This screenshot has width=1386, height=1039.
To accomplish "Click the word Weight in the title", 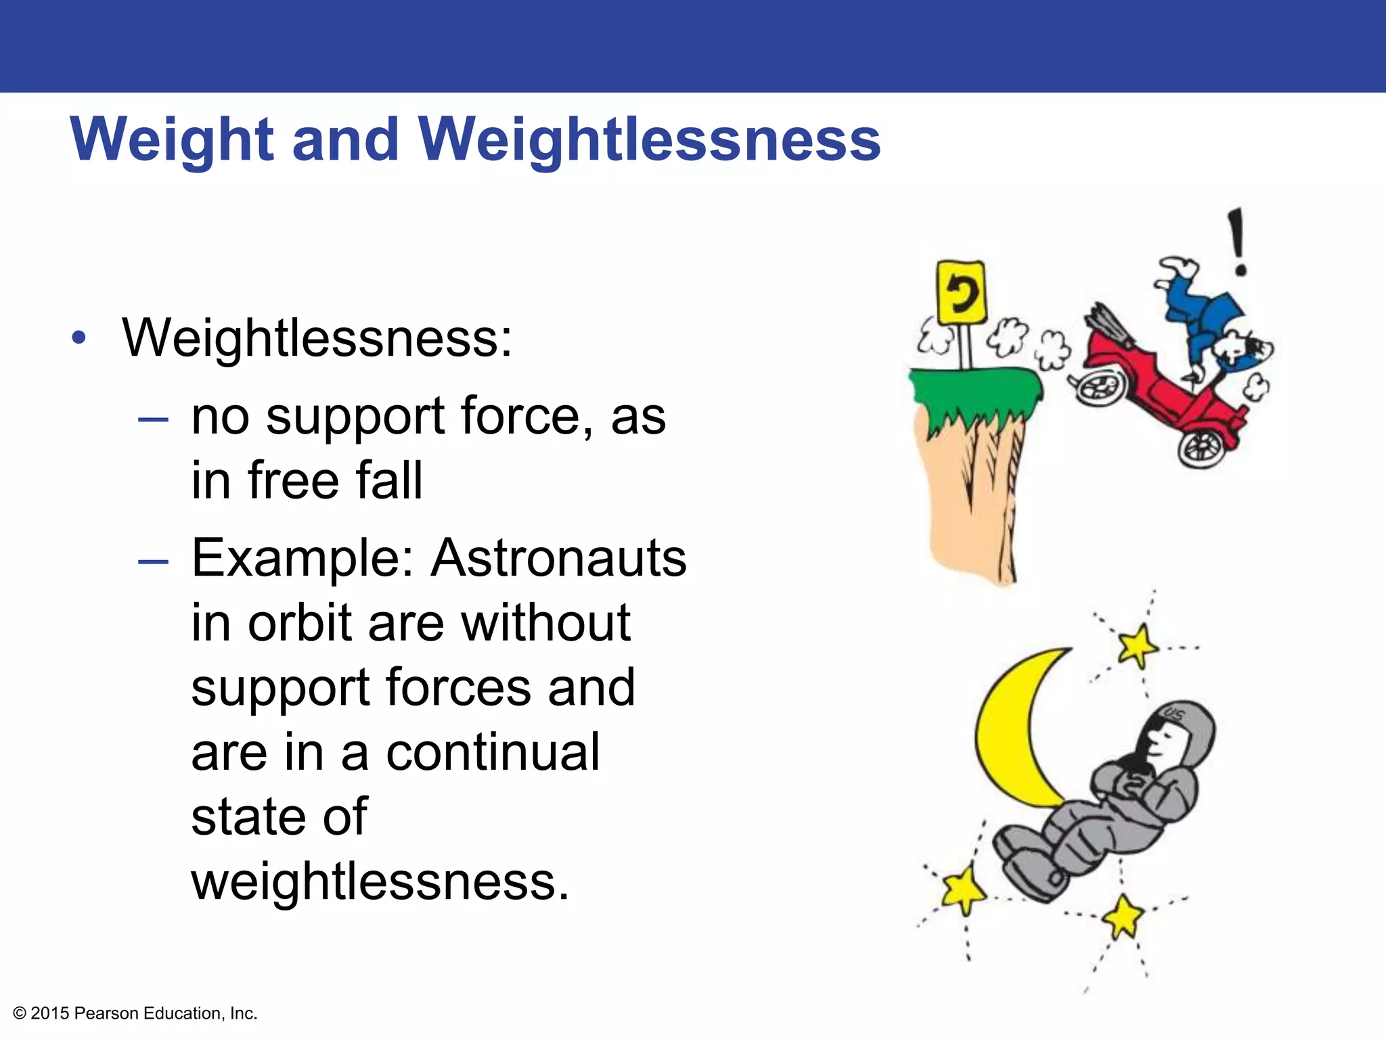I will point(173,141).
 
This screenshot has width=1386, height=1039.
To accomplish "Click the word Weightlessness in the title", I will point(650,141).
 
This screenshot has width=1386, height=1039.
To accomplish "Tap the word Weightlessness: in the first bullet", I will point(317,338).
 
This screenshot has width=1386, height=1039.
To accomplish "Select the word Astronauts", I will point(559,559).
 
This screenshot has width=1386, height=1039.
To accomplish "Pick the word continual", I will point(493,752).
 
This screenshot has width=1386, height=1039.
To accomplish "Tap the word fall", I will point(389,480).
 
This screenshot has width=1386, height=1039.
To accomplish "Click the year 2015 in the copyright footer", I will point(50,1013).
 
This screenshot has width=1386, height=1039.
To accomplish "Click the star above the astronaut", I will point(1138,645).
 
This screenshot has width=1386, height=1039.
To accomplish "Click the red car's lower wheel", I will point(1202,446).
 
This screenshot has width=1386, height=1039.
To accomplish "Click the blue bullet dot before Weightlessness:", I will point(79,339).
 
